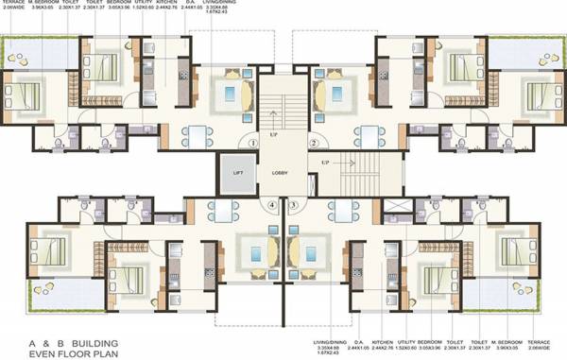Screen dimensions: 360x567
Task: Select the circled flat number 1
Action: point(254,143)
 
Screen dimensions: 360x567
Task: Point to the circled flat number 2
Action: point(313,143)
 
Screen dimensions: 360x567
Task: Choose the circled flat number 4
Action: point(273,204)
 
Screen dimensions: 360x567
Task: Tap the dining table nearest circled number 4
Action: point(222,211)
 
